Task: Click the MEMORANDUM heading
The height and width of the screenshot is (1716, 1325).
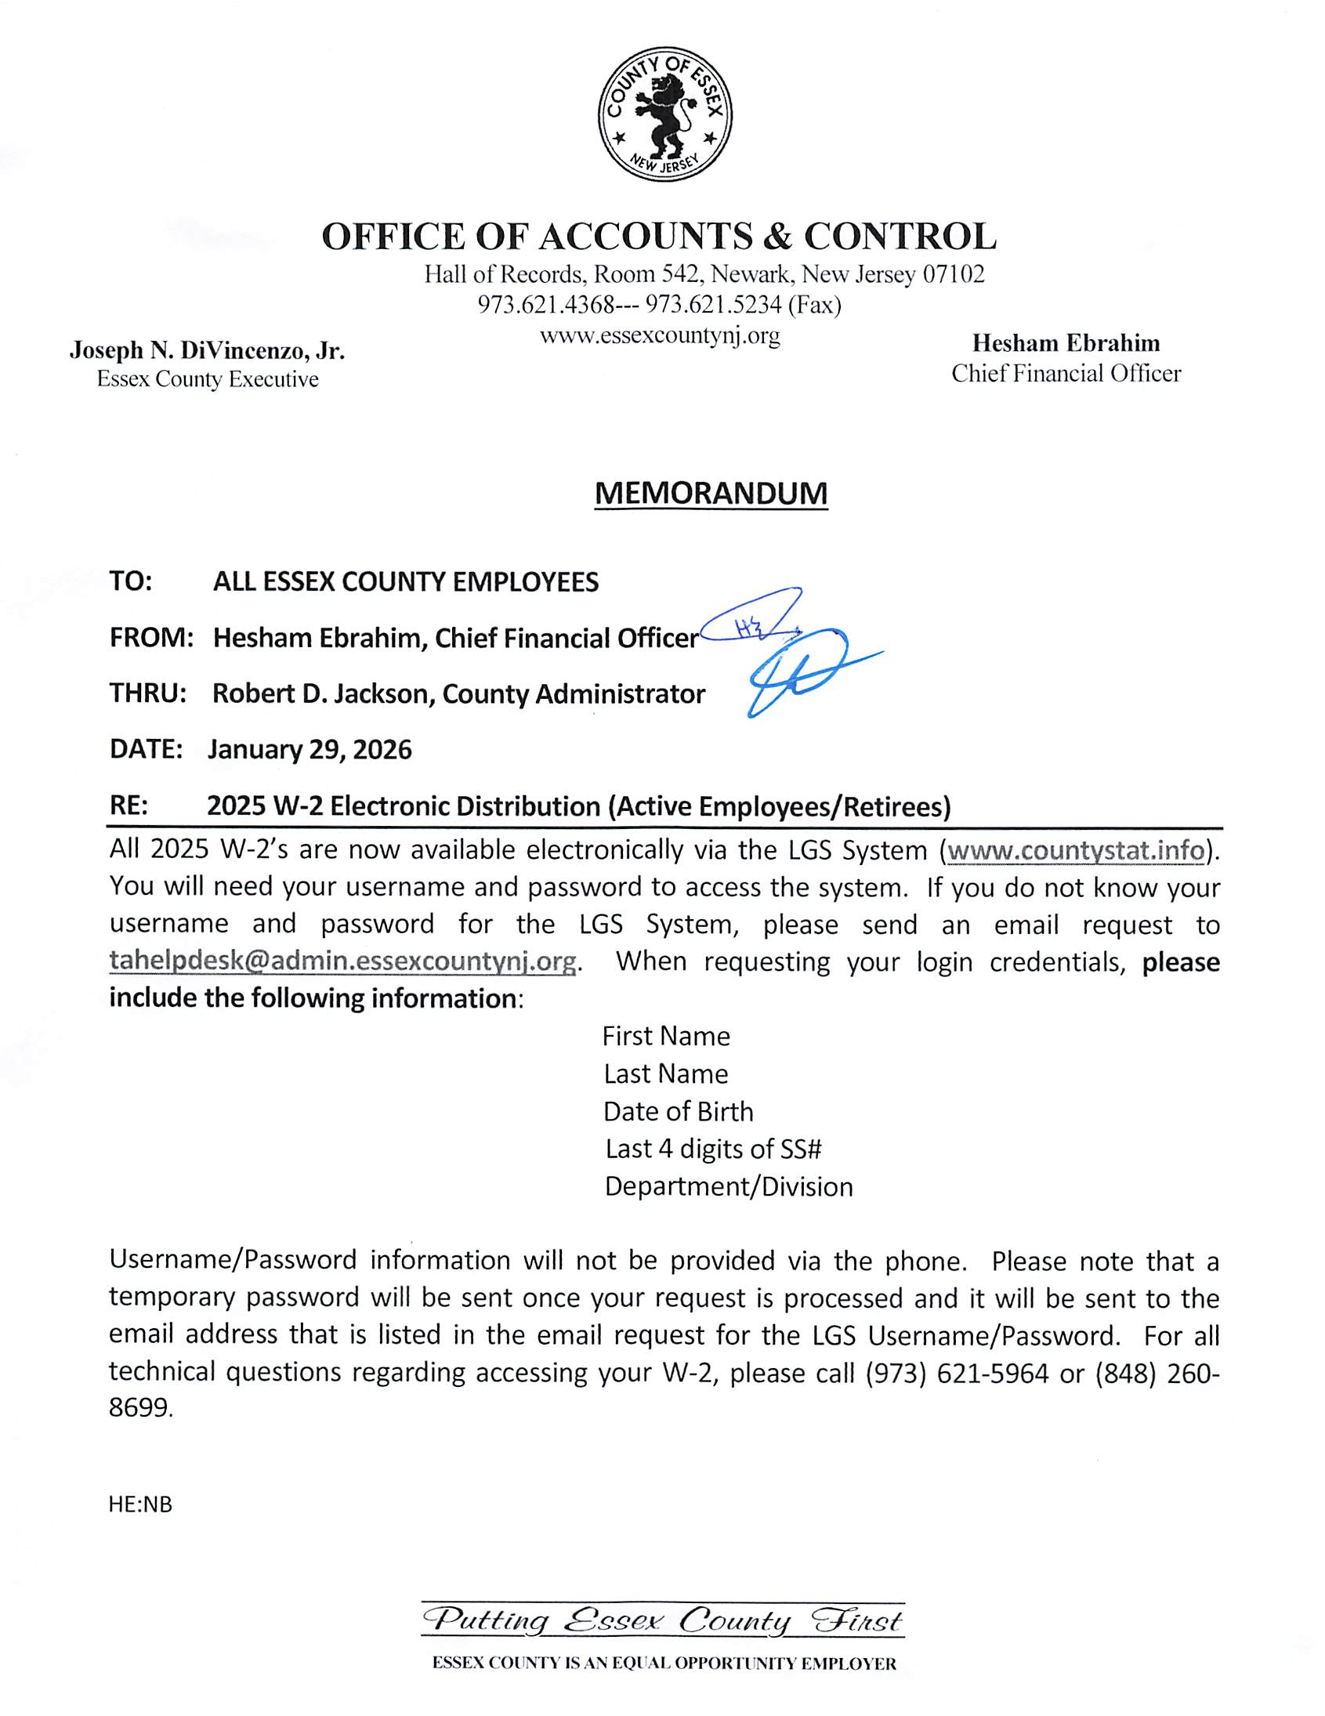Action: (x=711, y=494)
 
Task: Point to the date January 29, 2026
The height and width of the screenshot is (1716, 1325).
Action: (x=310, y=750)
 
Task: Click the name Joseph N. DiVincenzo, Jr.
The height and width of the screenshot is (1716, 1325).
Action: (x=208, y=350)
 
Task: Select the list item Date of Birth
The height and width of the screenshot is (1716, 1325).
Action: (x=679, y=1112)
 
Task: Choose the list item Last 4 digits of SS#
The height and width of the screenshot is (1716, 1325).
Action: (x=713, y=1149)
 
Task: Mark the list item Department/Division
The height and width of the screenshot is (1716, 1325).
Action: (x=729, y=1186)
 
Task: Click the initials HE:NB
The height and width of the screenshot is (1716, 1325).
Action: (x=140, y=1504)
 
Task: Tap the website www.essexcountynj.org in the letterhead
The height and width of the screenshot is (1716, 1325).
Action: (x=659, y=336)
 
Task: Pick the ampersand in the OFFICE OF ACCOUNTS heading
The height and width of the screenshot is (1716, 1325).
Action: (x=761, y=236)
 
